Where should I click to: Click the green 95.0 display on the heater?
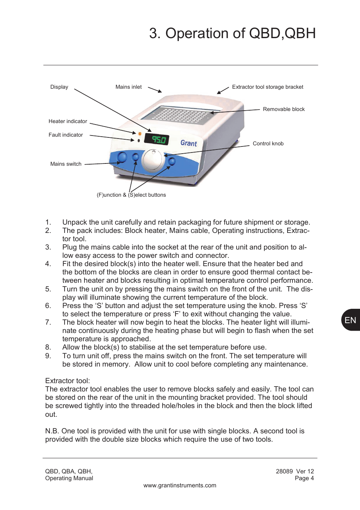pos(157,139)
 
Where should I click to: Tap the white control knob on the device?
pos(153,160)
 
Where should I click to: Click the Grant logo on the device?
pos(188,143)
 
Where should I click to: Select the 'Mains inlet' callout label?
pos(128,87)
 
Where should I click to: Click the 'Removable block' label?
pos(283,109)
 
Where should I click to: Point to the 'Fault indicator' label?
pos(66,135)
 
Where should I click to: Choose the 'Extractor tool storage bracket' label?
pos(267,87)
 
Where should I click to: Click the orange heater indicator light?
pos(139,134)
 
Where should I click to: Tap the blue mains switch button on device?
pos(122,157)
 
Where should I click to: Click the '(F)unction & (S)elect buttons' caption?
pos(131,195)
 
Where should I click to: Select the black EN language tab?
pos(351,320)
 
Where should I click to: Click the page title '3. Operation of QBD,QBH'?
pos(232,33)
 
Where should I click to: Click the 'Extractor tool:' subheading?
pos(68,381)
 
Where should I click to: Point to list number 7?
pos(48,322)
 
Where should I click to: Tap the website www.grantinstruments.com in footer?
pos(180,485)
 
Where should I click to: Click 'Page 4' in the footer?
pos(304,478)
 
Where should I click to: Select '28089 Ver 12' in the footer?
pos(295,471)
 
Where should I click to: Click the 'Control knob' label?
pos(268,143)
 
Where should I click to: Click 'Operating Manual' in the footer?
pos(69,478)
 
